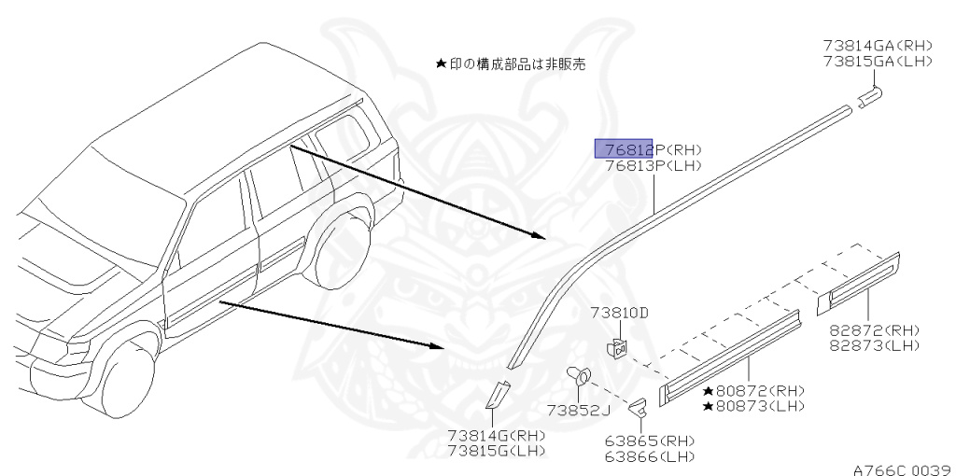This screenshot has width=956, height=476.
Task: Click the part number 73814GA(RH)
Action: (878, 45)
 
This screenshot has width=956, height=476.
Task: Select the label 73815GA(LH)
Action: (878, 61)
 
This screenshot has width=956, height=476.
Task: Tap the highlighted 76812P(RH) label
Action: (648, 149)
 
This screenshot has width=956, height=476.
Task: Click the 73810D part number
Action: (618, 313)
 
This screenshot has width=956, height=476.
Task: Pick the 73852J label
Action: (578, 410)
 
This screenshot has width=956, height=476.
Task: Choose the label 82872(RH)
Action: (875, 330)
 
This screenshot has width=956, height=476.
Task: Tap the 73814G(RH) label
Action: (496, 435)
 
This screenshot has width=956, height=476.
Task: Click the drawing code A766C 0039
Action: (901, 469)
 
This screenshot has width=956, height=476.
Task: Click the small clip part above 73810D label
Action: (616, 348)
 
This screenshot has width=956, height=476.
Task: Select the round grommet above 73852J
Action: (579, 376)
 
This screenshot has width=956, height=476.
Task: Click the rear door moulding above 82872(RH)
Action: (859, 277)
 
